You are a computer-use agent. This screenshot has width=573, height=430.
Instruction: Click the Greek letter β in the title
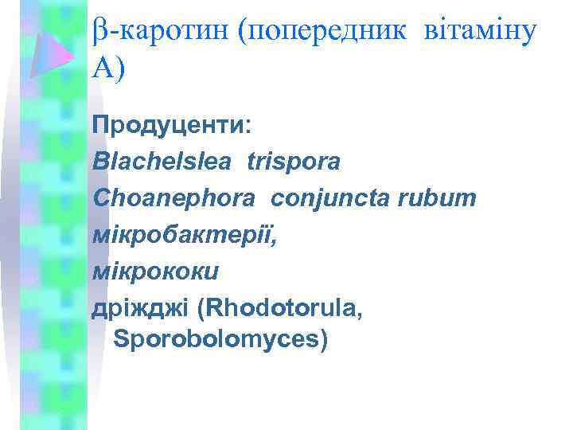(x=99, y=33)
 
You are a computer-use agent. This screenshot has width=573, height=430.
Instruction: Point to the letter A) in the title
(x=107, y=71)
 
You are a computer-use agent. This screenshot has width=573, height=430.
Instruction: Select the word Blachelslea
(x=162, y=162)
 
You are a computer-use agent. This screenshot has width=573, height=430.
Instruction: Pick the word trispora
(x=294, y=162)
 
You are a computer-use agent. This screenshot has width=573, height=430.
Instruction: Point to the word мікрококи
(x=155, y=272)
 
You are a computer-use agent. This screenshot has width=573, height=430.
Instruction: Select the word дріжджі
(x=140, y=309)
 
